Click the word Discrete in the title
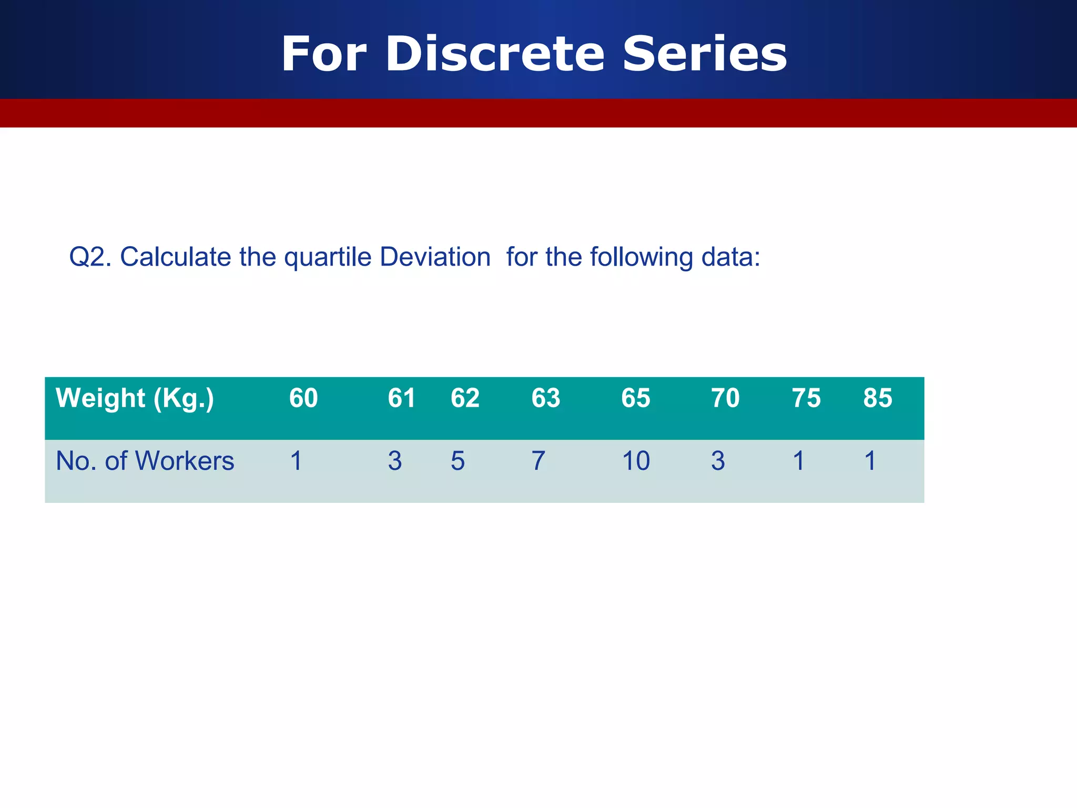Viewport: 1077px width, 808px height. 495,54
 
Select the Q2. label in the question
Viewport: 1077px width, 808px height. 90,257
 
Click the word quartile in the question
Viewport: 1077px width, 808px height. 328,257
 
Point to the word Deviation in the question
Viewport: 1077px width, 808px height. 435,257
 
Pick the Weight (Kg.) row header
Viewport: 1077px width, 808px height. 135,398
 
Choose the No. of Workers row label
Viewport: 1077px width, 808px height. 145,461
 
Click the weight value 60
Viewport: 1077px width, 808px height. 303,398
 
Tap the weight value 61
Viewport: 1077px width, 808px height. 402,398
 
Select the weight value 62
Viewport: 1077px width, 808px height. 465,398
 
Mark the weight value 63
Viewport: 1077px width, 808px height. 545,398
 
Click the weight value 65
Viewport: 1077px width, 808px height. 635,398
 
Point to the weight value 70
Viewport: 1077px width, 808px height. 725,398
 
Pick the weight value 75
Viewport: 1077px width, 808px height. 806,398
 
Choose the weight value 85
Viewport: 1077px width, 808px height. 878,398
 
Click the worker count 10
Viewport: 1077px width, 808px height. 636,461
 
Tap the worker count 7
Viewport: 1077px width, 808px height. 538,461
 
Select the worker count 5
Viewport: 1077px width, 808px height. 458,461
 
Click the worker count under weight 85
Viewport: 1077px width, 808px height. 870,461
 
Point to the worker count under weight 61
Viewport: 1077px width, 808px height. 395,461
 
